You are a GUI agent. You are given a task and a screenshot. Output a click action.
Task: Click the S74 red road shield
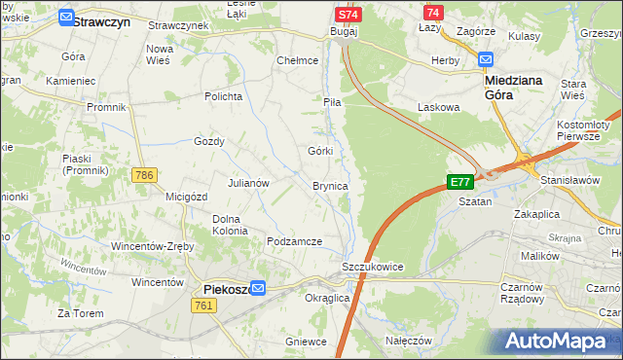pos(348,15)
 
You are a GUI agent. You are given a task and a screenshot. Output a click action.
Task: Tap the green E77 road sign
pos(460,182)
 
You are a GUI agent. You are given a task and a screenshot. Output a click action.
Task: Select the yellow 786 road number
pos(144,175)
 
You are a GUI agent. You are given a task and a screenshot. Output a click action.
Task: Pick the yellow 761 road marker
pos(203,306)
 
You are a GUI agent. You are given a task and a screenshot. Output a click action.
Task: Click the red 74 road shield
pos(433,12)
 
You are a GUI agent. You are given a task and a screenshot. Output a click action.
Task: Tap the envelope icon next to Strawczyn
pos(65,18)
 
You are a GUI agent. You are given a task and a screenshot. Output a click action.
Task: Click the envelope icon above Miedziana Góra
pos(487,59)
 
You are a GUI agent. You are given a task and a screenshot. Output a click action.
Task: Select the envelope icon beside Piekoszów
pos(258,288)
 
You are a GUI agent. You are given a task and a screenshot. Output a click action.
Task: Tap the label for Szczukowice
pos(372,267)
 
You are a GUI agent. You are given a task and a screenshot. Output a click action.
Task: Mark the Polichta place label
pos(222,96)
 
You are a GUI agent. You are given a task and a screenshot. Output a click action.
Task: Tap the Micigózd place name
pos(187,197)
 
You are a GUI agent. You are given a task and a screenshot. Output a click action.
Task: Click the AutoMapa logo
pos(561,342)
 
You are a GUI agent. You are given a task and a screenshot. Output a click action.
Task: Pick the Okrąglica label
pos(327,298)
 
